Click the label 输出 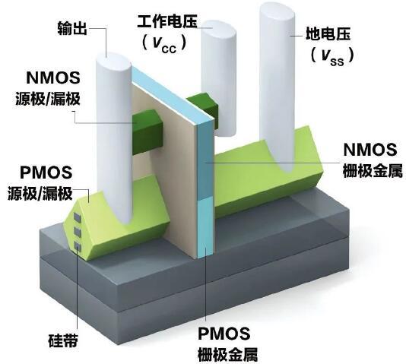(x=72, y=28)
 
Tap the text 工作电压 (x=167, y=21)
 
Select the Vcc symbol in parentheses (x=164, y=44)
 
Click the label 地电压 (x=328, y=33)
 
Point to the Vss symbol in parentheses (x=332, y=56)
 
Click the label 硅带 (x=63, y=340)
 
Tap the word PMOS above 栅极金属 (x=224, y=334)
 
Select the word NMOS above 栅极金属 (x=370, y=150)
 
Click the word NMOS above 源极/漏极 (x=53, y=78)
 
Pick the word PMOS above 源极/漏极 (x=46, y=173)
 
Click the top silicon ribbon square (x=77, y=218)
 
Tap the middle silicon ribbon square (x=77, y=232)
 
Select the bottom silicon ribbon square (x=77, y=246)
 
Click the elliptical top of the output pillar (x=113, y=62)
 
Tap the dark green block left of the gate (x=148, y=131)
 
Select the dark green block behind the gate (x=203, y=106)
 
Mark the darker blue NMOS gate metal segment (x=205, y=159)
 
